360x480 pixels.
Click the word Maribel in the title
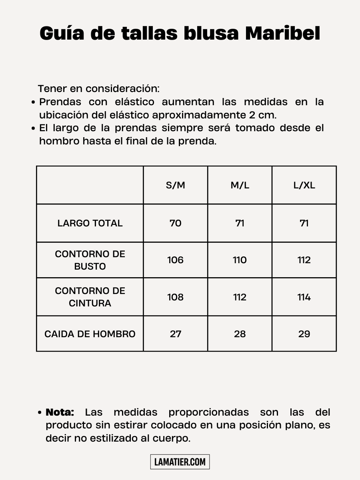[x=282, y=34]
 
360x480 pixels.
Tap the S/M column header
[x=176, y=185]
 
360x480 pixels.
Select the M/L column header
[x=240, y=185]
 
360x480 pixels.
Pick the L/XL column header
[x=304, y=185]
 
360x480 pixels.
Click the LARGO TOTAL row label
[x=90, y=223]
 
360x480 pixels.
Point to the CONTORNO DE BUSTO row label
[x=90, y=260]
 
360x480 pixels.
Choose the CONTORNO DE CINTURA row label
[x=90, y=297]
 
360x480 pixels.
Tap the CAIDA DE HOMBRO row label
[x=90, y=334]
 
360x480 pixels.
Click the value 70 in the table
[x=176, y=223]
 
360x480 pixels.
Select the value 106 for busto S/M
[x=176, y=260]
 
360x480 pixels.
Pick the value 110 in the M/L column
[x=240, y=260]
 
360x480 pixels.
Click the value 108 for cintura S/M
[x=176, y=297]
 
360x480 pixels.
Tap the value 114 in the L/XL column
[x=304, y=297]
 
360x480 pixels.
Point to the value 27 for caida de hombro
[x=176, y=334]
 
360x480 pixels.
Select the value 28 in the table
[x=240, y=334]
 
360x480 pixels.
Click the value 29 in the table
[x=304, y=334]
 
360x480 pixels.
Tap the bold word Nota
[x=60, y=412]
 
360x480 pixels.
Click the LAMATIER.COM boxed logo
[x=180, y=462]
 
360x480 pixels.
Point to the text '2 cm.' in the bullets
[x=262, y=115]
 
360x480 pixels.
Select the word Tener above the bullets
[x=52, y=88]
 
